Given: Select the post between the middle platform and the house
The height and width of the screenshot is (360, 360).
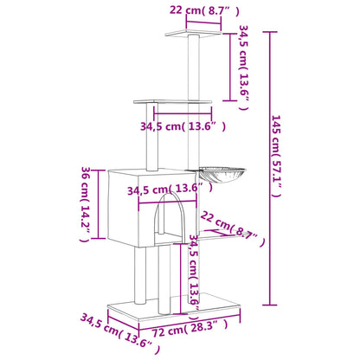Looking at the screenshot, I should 156,138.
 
